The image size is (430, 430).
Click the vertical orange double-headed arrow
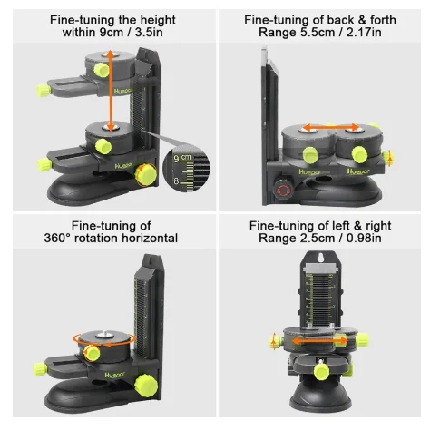[x=111, y=91]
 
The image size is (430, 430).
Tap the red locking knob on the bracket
[x=283, y=190]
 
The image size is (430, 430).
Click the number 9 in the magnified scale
[x=176, y=159]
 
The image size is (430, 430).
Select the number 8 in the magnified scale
[x=176, y=181]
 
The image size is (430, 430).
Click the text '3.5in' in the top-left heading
[x=149, y=33]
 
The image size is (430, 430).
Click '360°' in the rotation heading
[x=57, y=238]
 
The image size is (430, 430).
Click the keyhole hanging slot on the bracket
[x=320, y=258]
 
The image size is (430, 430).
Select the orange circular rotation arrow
[x=104, y=344]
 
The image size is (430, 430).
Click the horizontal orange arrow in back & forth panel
[x=331, y=127]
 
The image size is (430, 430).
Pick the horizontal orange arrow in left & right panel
[x=320, y=341]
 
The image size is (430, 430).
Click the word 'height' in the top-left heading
[x=158, y=20]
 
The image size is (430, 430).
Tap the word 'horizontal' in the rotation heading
[x=150, y=238]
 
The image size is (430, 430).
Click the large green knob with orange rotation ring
[x=146, y=175]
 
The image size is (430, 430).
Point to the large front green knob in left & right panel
[x=324, y=372]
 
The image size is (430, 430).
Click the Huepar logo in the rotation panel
[x=114, y=376]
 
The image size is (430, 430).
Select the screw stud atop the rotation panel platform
[x=103, y=336]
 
